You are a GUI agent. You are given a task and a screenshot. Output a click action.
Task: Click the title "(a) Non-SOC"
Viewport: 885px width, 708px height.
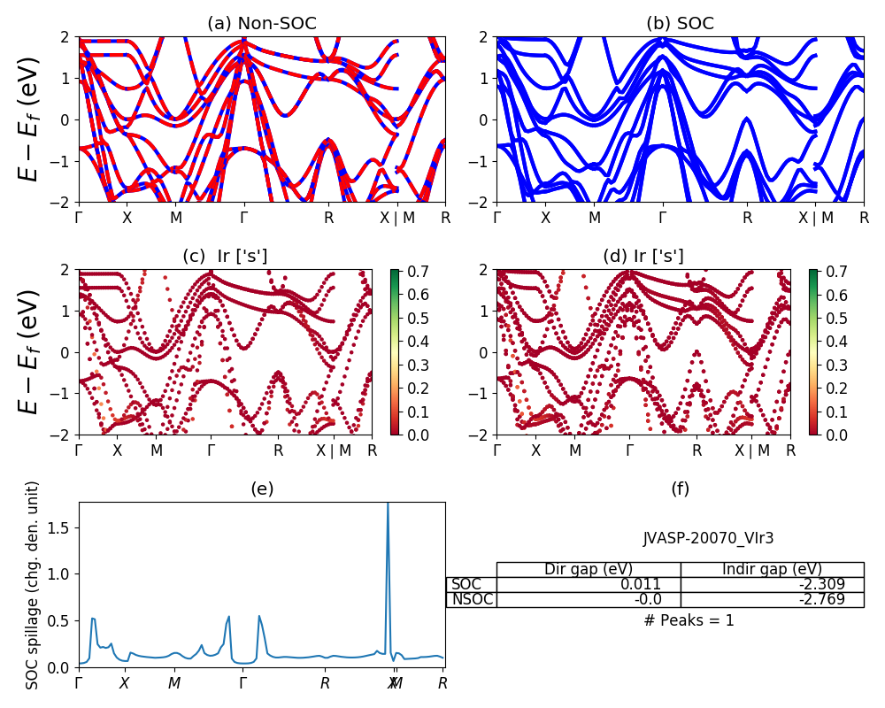point(262,24)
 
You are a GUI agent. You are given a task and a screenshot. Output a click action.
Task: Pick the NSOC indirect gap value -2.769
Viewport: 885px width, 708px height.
point(821,599)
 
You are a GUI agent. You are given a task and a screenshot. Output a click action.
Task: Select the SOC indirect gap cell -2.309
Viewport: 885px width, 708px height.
point(821,584)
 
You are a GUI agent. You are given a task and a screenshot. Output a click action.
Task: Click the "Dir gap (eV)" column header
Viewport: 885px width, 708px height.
point(589,569)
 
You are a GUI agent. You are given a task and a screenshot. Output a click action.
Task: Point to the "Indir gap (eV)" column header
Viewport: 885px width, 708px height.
point(772,569)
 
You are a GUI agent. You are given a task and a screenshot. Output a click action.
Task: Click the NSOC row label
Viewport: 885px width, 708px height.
point(472,599)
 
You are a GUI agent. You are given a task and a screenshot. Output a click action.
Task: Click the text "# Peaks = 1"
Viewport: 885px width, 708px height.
point(689,620)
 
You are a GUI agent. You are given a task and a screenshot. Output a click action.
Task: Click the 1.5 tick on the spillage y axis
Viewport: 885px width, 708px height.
point(64,527)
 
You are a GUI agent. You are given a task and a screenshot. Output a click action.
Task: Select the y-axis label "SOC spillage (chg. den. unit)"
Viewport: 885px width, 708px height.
point(33,585)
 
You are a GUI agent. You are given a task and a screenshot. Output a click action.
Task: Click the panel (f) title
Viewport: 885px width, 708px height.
point(680,489)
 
